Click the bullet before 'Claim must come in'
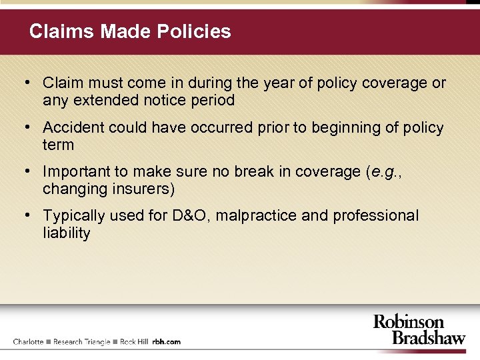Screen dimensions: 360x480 click(x=25, y=83)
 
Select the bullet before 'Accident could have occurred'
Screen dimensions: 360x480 click(x=25, y=127)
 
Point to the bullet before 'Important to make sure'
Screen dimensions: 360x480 click(x=25, y=171)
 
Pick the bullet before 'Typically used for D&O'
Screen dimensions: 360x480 click(x=25, y=215)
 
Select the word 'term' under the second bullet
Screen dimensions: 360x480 click(x=58, y=145)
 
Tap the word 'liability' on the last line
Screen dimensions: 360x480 click(x=66, y=233)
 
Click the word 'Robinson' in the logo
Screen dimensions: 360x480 click(x=408, y=323)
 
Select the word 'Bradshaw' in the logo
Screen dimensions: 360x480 click(x=428, y=338)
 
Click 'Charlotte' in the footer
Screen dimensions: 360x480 click(x=28, y=342)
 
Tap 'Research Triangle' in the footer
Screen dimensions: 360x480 click(x=81, y=342)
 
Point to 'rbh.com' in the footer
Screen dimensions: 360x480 click(x=167, y=342)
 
